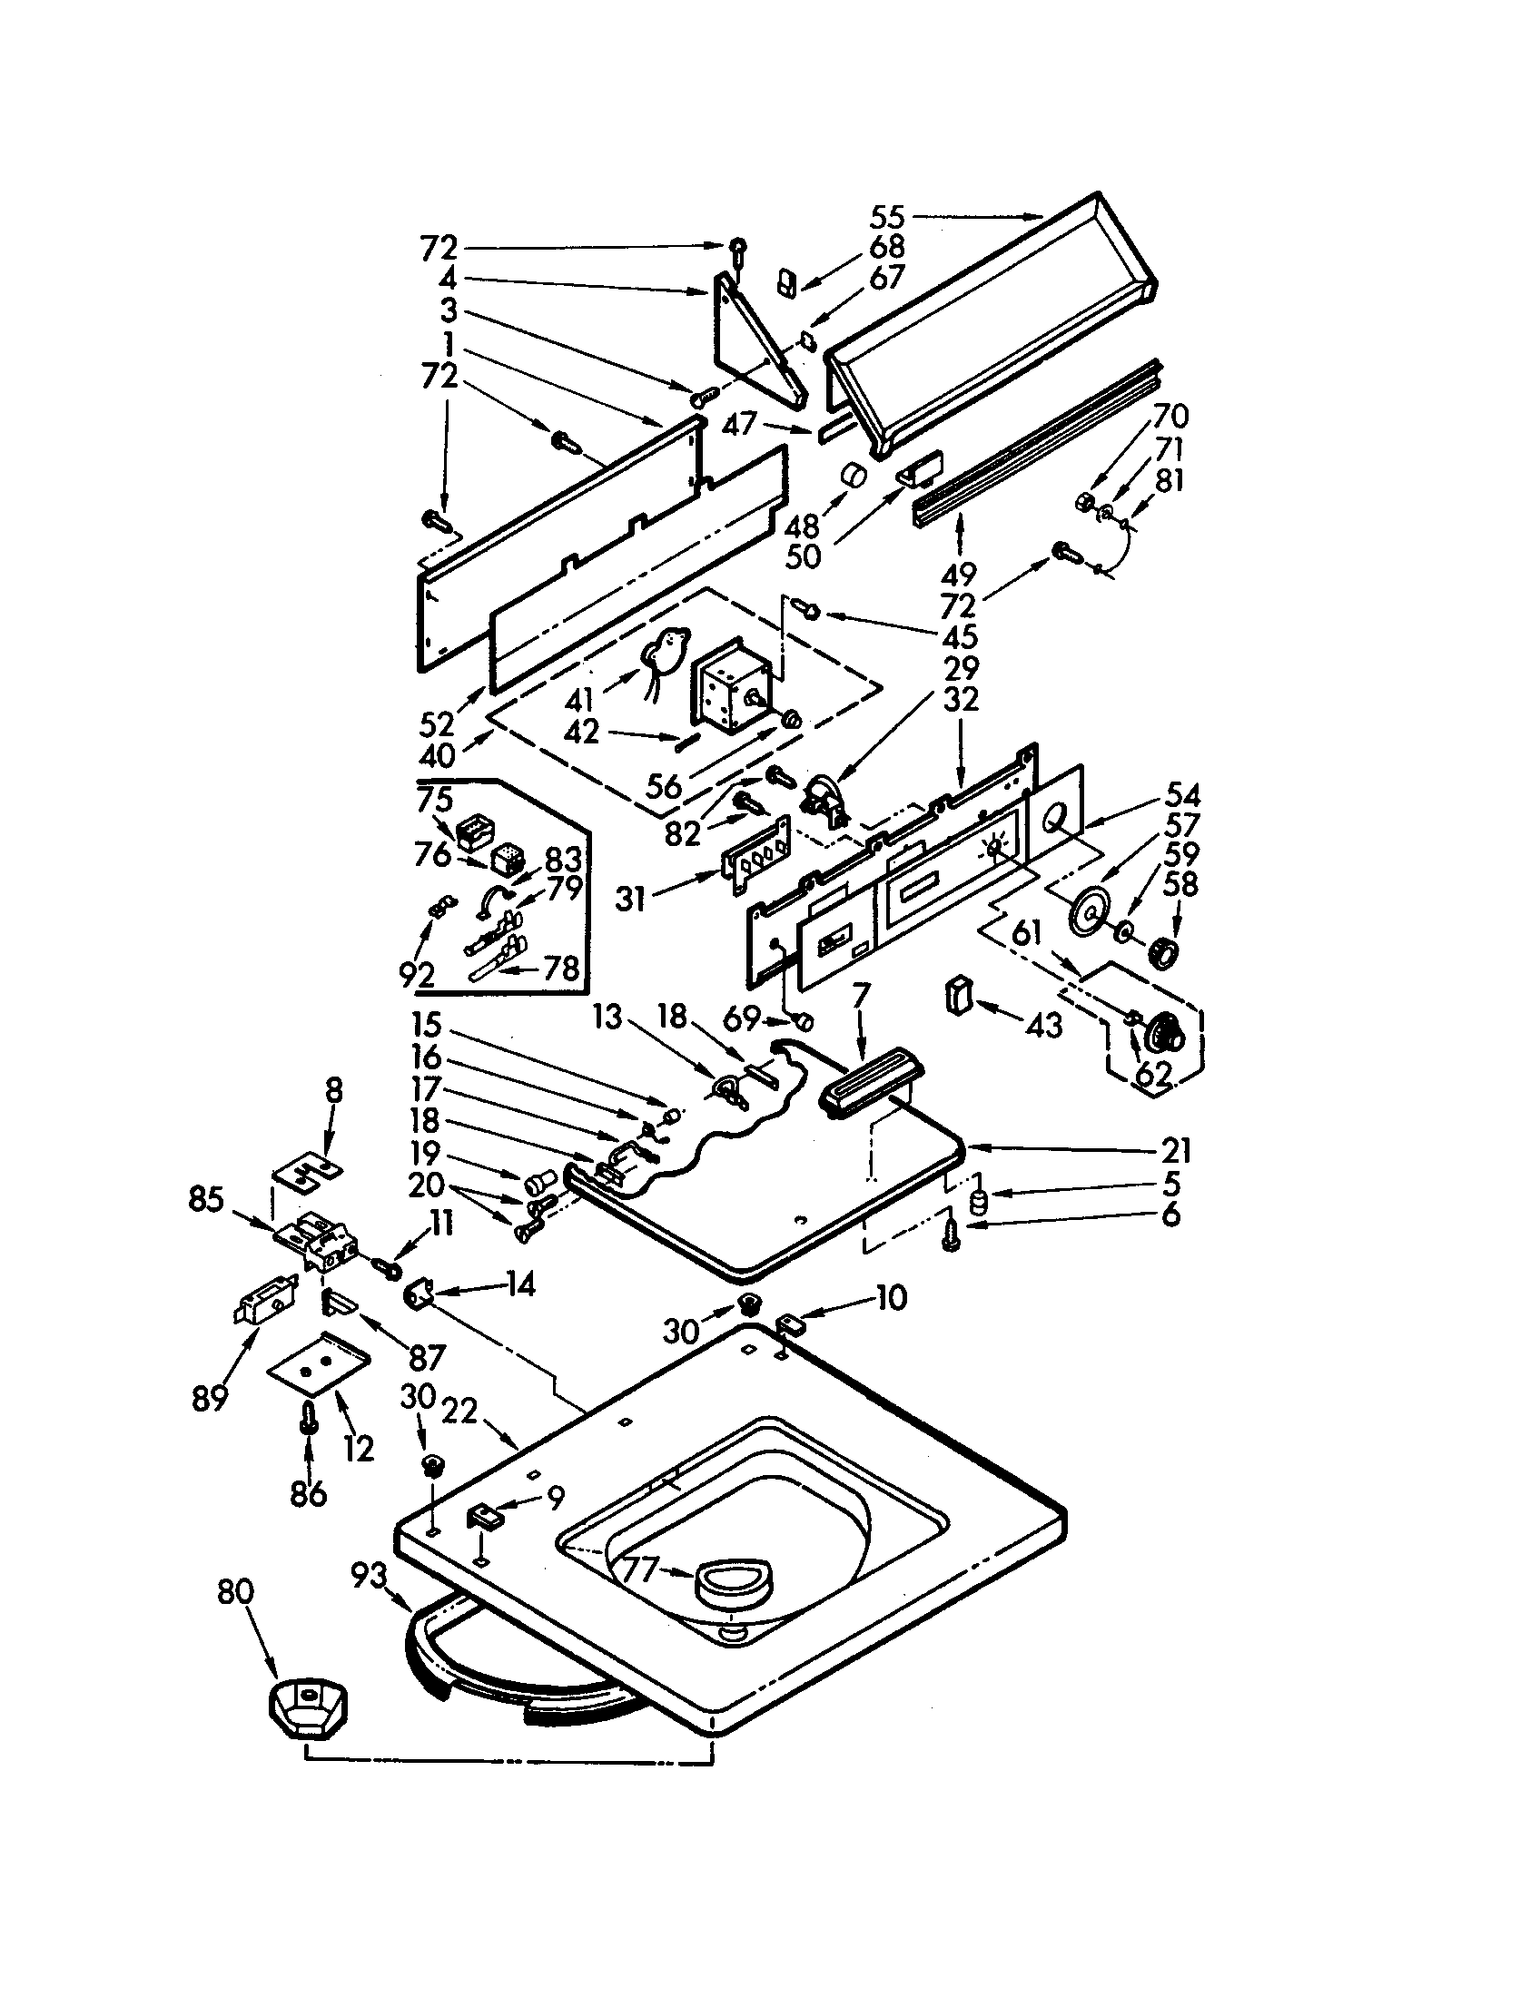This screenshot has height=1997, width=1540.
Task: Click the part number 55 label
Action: tap(886, 217)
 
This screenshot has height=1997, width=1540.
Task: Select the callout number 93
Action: tap(370, 1575)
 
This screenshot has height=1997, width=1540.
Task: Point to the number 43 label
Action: tap(1043, 1024)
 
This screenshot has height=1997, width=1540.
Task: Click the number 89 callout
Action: tap(210, 1397)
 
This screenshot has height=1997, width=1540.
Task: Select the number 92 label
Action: tap(416, 975)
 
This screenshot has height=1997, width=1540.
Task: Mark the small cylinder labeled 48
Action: tap(854, 478)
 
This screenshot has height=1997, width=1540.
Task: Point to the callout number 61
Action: tap(1027, 932)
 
